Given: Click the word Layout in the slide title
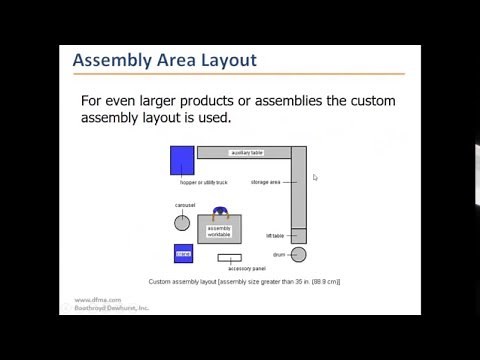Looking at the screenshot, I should click(x=225, y=61).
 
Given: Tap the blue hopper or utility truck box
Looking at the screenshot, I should click(x=182, y=160).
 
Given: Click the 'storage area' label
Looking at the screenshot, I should click(x=265, y=182).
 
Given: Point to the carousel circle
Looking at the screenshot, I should click(x=182, y=223).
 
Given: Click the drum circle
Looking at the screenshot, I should click(x=298, y=254).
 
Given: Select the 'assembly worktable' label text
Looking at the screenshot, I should click(x=219, y=231).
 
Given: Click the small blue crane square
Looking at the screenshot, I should click(x=183, y=254).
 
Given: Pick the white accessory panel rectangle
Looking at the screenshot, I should click(x=229, y=258).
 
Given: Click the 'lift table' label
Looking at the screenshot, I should click(x=275, y=235).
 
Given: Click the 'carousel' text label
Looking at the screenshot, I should click(x=184, y=205).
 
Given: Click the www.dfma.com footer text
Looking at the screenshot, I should click(x=97, y=299).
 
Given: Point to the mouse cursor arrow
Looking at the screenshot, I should click(x=314, y=177).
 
